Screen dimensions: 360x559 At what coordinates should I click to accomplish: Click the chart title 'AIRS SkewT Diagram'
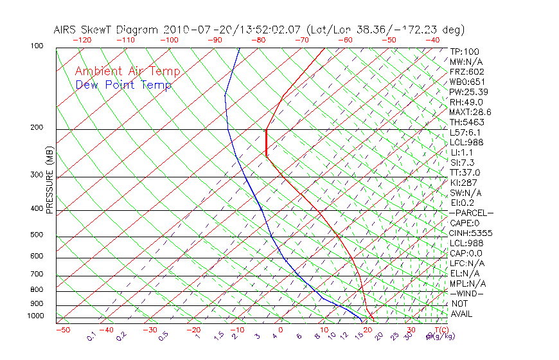click(107, 30)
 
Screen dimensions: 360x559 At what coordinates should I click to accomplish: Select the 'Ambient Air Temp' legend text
click(127, 71)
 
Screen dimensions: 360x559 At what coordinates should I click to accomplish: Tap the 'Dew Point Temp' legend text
click(123, 85)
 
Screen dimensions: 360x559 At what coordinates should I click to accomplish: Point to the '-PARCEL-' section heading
click(471, 213)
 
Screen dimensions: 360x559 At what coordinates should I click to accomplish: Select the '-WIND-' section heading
click(467, 293)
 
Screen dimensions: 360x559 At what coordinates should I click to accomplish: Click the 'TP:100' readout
click(465, 51)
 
